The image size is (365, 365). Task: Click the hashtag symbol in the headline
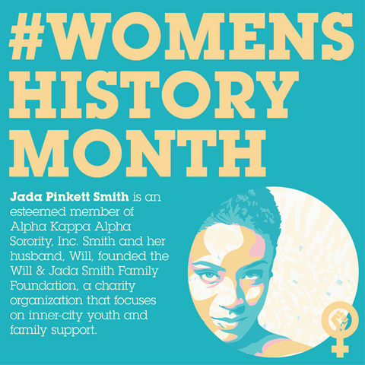(x=27, y=36)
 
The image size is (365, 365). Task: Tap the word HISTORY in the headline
(x=154, y=94)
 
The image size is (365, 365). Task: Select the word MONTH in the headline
(x=138, y=153)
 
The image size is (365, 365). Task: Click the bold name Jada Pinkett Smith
(x=69, y=197)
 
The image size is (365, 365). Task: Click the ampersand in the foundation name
(x=40, y=271)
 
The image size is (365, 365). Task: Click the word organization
(x=46, y=301)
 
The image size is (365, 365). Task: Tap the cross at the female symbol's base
(x=340, y=347)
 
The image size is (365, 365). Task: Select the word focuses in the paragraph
(x=135, y=300)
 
